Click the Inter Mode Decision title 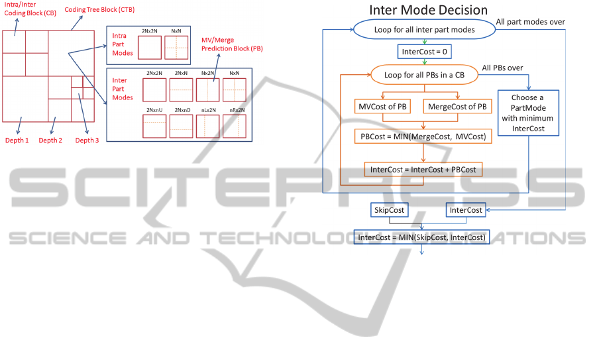428,10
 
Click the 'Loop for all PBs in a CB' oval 424,74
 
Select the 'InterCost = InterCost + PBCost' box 423,169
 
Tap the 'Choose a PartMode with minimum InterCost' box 527,113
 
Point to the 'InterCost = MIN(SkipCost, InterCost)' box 421,237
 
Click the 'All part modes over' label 530,22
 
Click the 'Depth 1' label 18,140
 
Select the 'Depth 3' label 87,140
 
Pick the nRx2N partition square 235,126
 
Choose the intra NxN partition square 176,48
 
